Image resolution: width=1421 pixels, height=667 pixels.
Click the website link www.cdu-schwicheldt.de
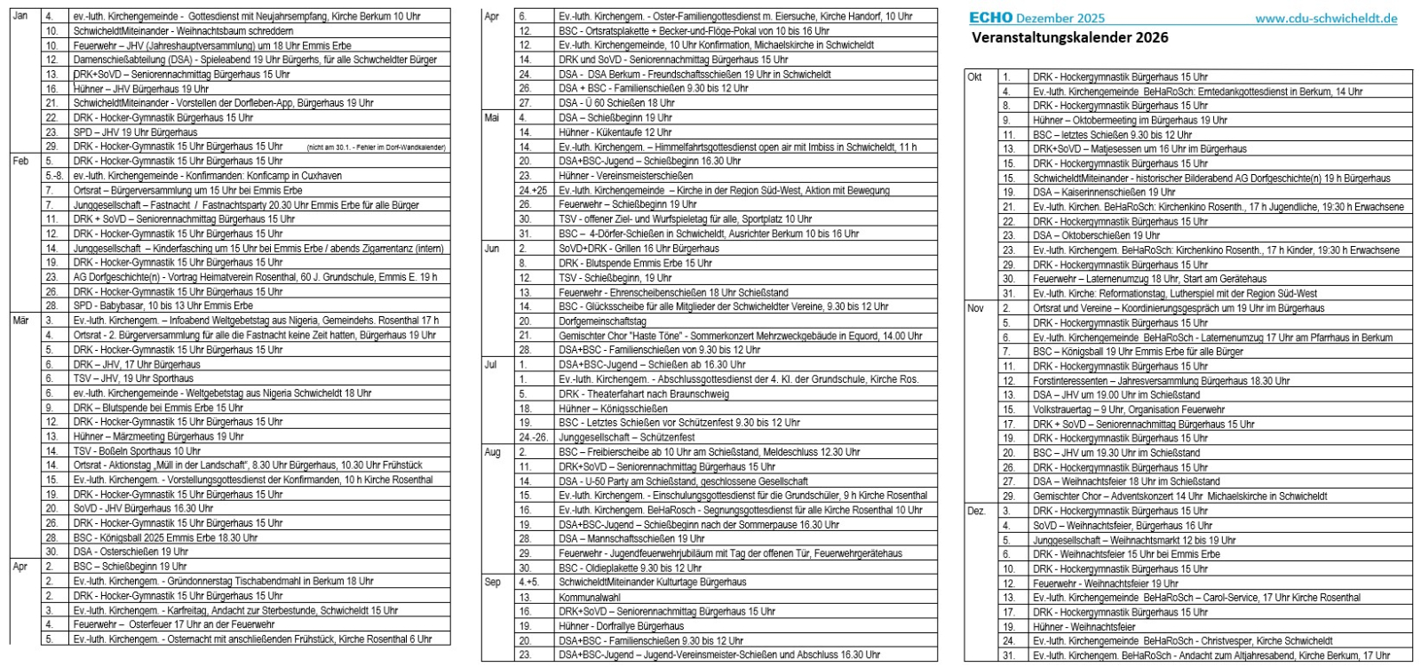tap(1326, 18)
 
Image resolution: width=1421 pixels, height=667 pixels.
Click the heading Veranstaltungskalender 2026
tap(1069, 37)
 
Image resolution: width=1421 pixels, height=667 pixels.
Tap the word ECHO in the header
tap(990, 18)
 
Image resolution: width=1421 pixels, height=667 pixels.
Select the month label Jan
tap(20, 17)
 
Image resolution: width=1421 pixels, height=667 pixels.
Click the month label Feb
tap(20, 161)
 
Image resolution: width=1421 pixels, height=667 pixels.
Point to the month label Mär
tap(20, 321)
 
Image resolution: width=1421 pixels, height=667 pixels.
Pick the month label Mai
tap(491, 118)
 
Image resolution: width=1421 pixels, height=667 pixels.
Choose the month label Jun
tap(491, 249)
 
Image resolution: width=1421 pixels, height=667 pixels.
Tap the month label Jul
tap(490, 364)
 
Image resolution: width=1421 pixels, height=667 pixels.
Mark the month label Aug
tap(492, 452)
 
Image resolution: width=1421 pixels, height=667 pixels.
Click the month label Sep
tap(492, 583)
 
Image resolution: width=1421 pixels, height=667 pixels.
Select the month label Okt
tap(974, 77)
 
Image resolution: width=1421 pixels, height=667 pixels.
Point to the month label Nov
tap(975, 308)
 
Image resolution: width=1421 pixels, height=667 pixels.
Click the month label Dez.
tap(976, 511)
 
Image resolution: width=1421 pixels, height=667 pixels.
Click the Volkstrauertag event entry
tap(1128, 409)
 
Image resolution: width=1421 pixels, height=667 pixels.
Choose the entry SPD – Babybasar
tap(163, 306)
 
